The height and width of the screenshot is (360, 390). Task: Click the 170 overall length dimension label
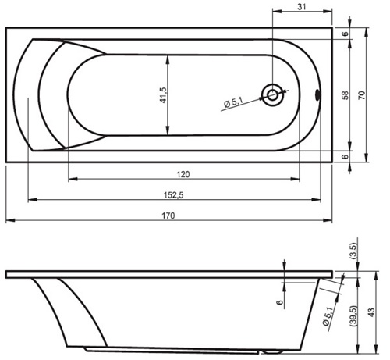(x=168, y=216)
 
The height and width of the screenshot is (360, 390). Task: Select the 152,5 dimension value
(x=173, y=195)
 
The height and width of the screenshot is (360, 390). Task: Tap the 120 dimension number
(x=183, y=174)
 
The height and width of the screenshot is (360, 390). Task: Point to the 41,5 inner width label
(x=164, y=95)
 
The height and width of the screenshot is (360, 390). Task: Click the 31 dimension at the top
(x=302, y=7)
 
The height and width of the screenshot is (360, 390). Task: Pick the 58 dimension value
(x=345, y=95)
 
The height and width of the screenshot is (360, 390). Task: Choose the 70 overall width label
(x=362, y=95)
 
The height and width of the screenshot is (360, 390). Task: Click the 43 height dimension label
(x=372, y=312)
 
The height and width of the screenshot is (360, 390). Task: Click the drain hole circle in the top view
(x=272, y=94)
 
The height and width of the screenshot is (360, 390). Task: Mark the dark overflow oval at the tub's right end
(x=317, y=95)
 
